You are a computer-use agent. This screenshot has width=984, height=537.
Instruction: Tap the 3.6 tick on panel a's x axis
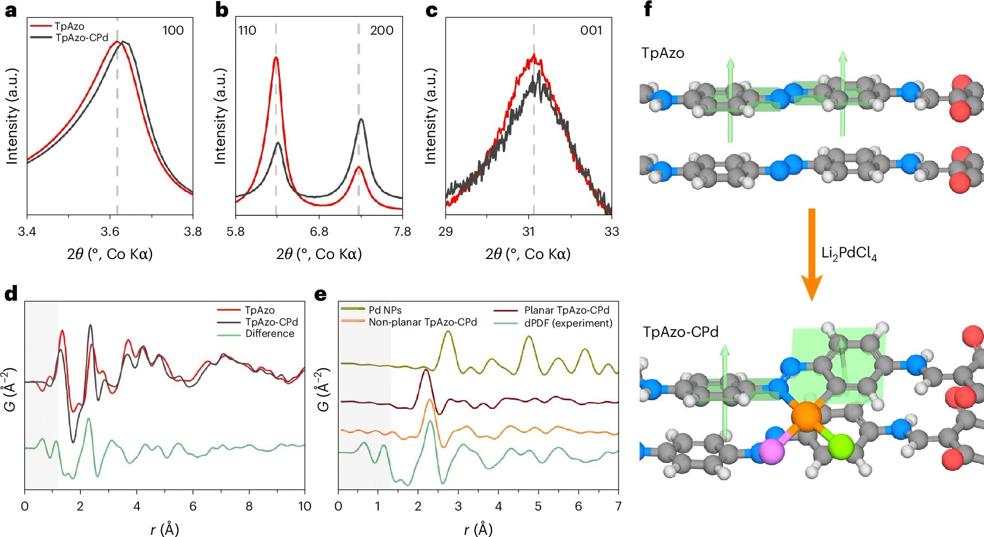click(110, 232)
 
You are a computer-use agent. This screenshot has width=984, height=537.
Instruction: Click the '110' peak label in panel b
click(247, 30)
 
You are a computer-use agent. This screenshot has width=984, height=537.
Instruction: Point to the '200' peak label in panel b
click(382, 30)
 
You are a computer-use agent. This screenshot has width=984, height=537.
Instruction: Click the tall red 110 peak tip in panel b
click(276, 58)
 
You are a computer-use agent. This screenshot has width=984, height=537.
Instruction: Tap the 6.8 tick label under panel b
click(319, 232)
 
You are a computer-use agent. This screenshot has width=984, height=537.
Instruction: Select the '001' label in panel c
click(591, 30)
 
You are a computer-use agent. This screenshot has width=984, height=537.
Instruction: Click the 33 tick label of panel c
click(611, 232)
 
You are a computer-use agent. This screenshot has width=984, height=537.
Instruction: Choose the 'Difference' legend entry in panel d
click(269, 334)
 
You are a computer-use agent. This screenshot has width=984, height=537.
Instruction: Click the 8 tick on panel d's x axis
click(249, 507)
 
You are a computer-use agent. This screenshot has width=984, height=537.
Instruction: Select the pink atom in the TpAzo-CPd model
click(772, 450)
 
